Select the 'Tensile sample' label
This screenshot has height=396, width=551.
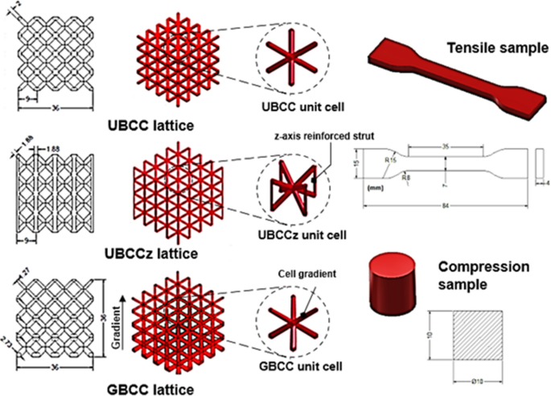pyautogui.click(x=492, y=47)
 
